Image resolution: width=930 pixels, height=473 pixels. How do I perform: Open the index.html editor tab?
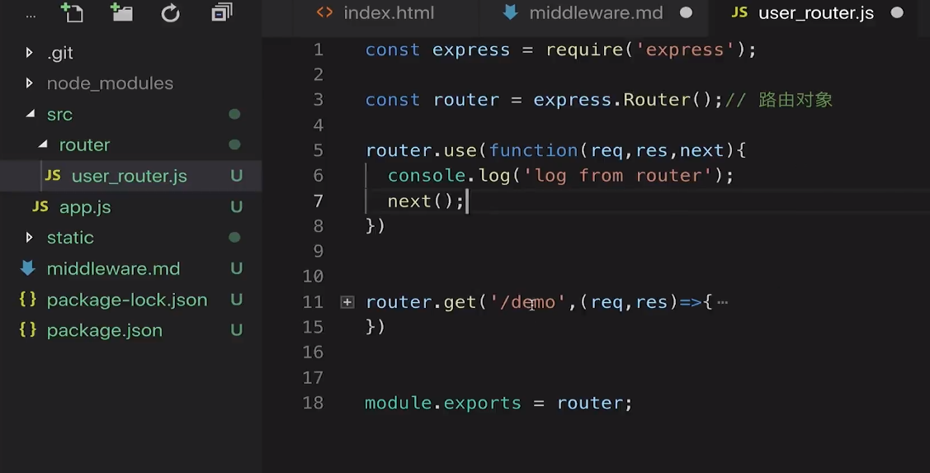tap(388, 13)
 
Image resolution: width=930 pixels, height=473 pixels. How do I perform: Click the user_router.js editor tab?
tap(815, 13)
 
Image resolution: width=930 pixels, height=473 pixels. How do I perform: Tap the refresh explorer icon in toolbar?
tap(171, 12)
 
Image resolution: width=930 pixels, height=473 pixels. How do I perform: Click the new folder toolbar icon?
tap(122, 12)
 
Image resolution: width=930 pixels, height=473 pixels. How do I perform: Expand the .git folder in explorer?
tap(59, 53)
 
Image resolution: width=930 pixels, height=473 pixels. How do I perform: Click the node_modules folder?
tap(110, 83)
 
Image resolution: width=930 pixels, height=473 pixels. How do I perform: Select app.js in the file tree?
tap(85, 207)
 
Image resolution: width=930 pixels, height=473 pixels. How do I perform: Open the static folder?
tap(70, 238)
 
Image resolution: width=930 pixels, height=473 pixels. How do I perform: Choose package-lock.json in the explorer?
tap(127, 300)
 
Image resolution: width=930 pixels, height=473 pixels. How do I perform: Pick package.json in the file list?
tap(104, 330)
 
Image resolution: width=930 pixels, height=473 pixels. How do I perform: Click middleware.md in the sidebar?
tap(113, 268)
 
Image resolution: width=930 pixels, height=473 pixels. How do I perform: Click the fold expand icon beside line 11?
tap(347, 302)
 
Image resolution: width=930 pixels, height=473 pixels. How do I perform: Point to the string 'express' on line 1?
tap(685, 50)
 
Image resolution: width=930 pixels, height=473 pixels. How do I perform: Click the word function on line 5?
tap(533, 150)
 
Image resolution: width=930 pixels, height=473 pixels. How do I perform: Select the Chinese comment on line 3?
tap(795, 100)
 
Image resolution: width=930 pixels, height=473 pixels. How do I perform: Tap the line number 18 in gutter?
tap(313, 403)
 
